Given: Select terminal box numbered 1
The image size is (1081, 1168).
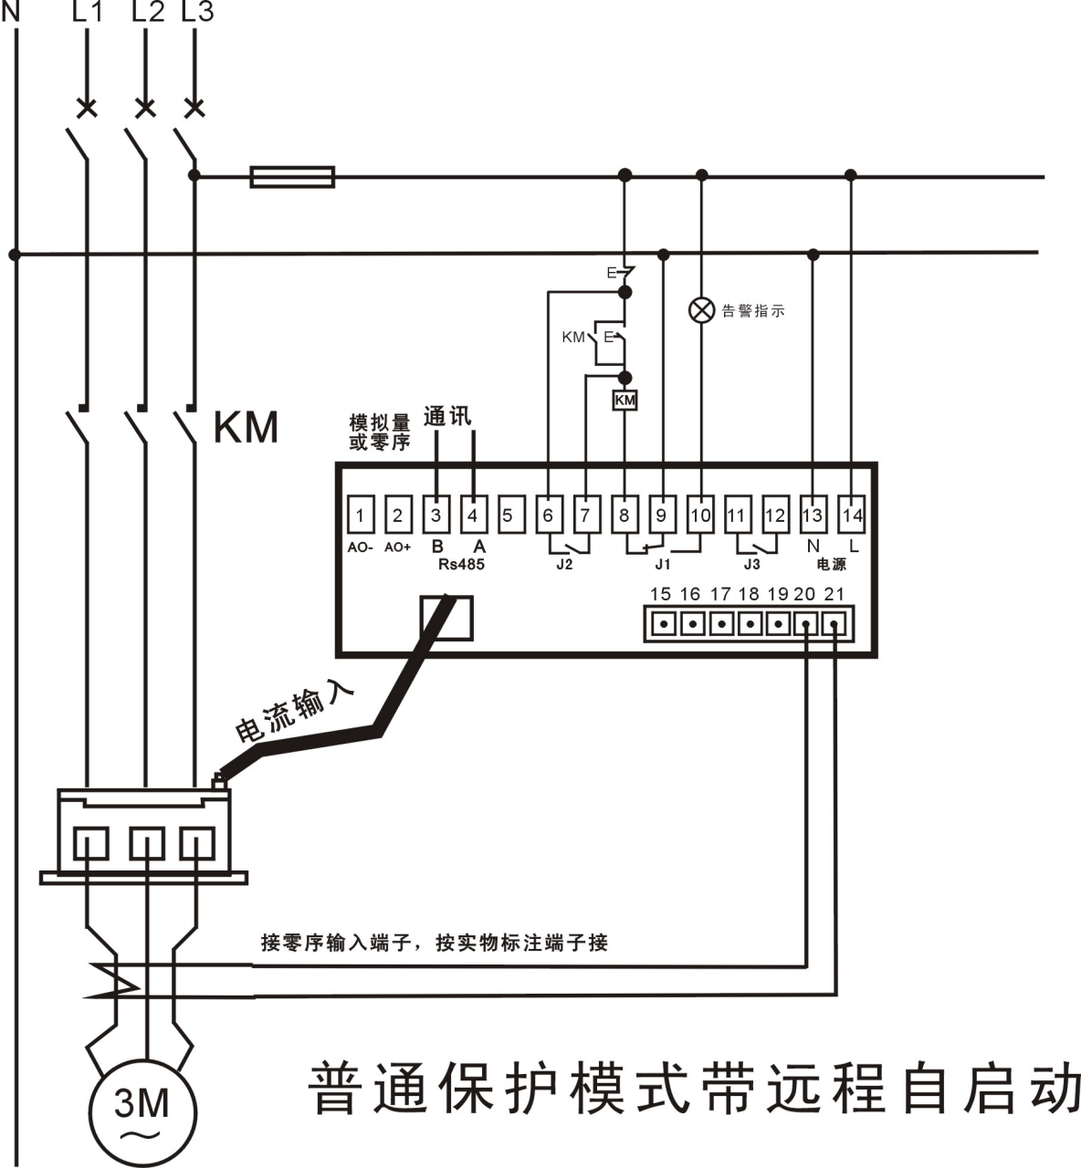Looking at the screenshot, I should (361, 516).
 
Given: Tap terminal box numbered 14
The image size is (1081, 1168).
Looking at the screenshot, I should (852, 516).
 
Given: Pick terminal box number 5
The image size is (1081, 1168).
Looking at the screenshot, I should (509, 516).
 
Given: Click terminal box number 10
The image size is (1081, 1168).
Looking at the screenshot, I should (700, 516).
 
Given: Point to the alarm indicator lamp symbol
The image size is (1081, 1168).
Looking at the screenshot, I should (701, 310).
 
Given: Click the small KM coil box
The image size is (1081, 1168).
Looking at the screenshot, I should (624, 401).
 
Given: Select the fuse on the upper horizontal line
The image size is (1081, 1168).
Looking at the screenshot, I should (292, 176).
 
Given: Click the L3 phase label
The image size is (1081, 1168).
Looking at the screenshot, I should (198, 13).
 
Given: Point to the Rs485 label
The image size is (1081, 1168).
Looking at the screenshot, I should (461, 565).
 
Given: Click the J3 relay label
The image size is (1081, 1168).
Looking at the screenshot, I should (752, 565).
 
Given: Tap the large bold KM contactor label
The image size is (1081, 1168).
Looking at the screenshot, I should (246, 427).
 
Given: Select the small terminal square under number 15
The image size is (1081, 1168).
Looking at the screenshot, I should (666, 626).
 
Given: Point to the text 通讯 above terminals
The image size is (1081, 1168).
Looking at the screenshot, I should (447, 417).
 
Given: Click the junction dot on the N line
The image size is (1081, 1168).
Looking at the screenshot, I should (14, 254).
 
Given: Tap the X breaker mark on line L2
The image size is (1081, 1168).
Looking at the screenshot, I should (144, 109).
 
